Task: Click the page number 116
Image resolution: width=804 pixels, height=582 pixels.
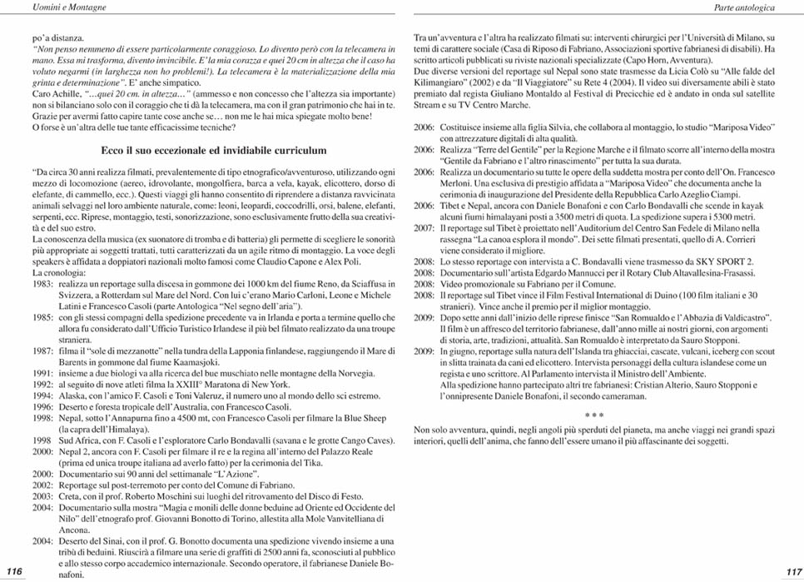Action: click(13, 570)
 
